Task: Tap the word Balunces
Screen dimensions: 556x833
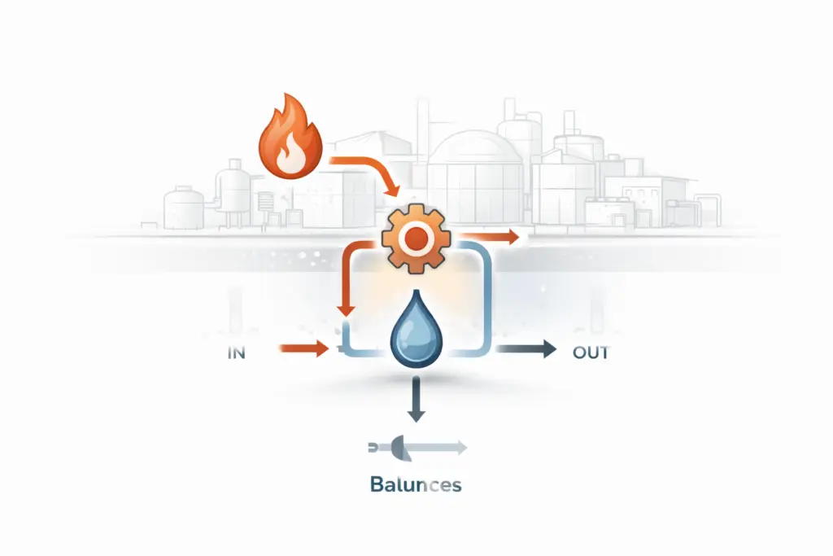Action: (x=416, y=486)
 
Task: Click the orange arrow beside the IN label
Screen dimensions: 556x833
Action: (x=303, y=350)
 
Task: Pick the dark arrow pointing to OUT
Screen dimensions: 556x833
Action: (x=526, y=350)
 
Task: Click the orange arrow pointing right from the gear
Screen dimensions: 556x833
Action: (x=488, y=238)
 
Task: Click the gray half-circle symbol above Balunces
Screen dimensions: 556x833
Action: (x=400, y=446)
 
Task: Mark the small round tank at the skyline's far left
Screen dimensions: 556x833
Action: (x=183, y=207)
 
